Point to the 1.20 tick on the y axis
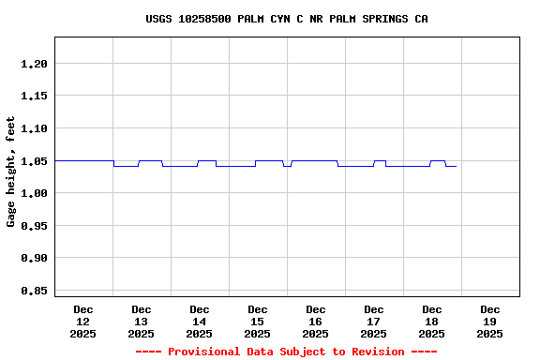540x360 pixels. pos(34,64)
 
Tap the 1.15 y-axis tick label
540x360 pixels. pos(34,96)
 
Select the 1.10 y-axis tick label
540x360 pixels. pos(34,128)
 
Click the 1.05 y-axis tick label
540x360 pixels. pos(34,161)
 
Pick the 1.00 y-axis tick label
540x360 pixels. pos(34,193)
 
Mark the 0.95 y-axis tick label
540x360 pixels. pos(34,226)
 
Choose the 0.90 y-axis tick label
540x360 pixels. pos(34,258)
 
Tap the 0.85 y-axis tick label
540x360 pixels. pos(34,291)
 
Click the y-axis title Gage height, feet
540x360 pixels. pos(11,172)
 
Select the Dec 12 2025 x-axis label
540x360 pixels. pos(83,321)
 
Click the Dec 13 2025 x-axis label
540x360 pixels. pos(142,321)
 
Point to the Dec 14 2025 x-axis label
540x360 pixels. pos(200,321)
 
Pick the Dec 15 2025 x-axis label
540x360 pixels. pos(258,321)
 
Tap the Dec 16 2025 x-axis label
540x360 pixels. pos(316,321)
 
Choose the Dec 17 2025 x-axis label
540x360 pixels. pos(374,321)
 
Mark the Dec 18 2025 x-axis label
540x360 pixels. pos(432,321)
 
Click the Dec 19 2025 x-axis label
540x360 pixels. pos(490,321)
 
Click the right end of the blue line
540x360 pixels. pos(456,166)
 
